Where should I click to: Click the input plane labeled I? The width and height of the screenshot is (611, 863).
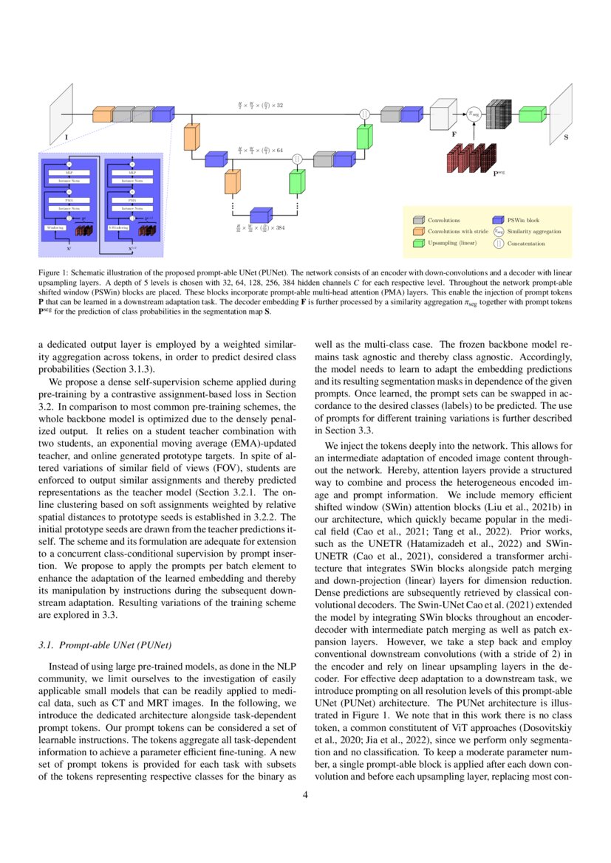pyautogui.click(x=61, y=114)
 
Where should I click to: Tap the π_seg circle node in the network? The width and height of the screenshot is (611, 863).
pyautogui.click(x=474, y=114)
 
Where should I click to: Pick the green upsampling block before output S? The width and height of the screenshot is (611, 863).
pyautogui.click(x=531, y=114)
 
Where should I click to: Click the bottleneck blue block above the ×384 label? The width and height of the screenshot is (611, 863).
pyautogui.click(x=262, y=215)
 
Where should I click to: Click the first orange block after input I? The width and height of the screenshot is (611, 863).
pyautogui.click(x=103, y=114)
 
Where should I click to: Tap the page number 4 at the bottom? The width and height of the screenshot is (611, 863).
pyautogui.click(x=305, y=795)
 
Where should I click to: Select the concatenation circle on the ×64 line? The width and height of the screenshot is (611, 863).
pyautogui.click(x=297, y=159)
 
